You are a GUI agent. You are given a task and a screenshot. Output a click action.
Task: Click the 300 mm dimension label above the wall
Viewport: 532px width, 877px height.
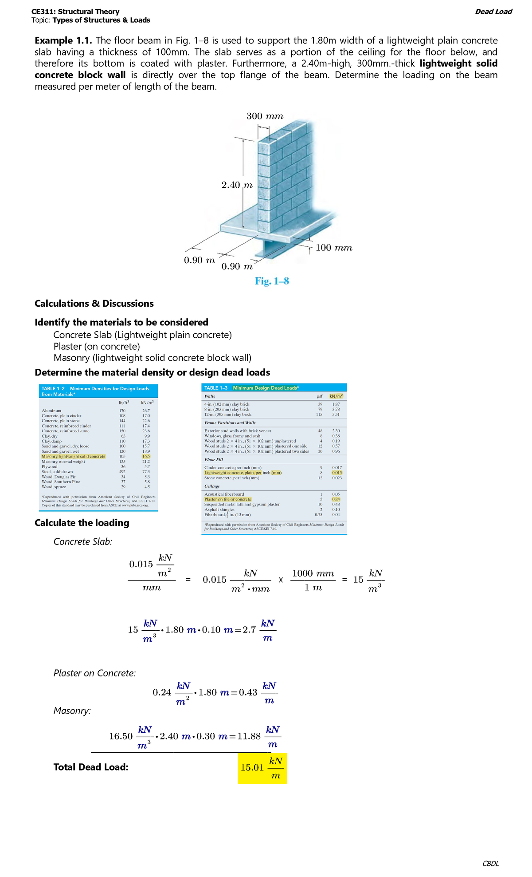265,116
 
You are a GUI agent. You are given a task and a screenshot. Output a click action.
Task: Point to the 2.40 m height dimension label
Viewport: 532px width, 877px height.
237,185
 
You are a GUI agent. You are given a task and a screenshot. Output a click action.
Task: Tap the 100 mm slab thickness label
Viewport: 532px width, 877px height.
334,248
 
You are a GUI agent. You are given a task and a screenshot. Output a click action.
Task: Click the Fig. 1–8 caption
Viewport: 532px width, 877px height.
272,281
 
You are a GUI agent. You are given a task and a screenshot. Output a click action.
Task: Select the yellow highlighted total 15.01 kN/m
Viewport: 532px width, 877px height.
262,768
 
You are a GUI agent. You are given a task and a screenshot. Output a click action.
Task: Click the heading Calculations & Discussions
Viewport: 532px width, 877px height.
94,304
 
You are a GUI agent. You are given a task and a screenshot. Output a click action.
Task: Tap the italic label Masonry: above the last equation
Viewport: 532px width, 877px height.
72,711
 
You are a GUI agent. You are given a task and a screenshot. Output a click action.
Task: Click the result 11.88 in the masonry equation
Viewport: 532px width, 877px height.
249,736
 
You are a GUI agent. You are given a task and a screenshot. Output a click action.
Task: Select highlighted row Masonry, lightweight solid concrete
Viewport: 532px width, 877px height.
74,456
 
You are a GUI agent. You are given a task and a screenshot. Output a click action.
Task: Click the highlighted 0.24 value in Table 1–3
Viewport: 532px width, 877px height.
336,499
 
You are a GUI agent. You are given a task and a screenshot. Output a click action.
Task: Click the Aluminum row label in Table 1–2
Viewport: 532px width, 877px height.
51,411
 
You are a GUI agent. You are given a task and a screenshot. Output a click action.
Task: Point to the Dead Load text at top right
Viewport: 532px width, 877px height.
493,12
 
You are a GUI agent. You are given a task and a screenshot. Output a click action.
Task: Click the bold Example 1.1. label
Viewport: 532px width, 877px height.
63,41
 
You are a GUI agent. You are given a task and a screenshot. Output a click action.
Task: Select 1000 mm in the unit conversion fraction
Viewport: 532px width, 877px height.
313,573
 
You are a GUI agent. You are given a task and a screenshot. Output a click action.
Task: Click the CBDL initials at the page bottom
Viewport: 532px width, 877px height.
490,863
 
